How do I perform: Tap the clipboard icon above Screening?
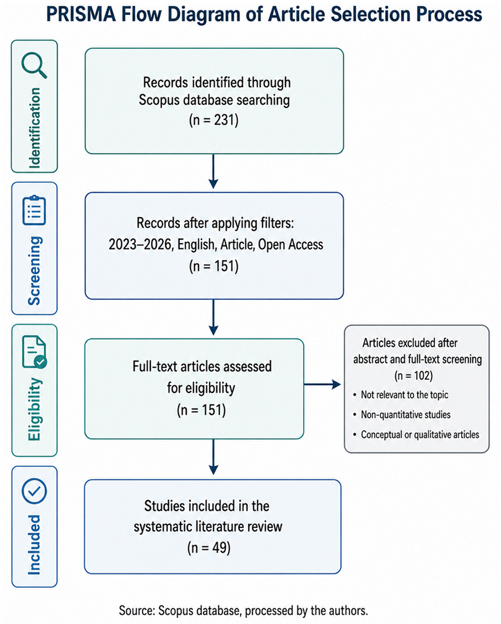click(34, 210)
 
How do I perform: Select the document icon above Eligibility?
click(34, 352)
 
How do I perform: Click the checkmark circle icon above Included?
click(34, 491)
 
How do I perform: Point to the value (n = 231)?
click(214, 120)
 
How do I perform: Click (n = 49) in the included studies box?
click(209, 548)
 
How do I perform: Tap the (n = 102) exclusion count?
click(414, 376)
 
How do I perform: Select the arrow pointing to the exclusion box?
click(322, 384)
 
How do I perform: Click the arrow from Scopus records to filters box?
click(213, 171)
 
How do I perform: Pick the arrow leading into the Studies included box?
click(213, 457)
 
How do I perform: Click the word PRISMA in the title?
click(81, 15)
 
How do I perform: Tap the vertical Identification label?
click(34, 128)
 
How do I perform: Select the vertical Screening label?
click(34, 270)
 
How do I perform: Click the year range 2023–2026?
click(140, 244)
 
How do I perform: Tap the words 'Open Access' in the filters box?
click(290, 244)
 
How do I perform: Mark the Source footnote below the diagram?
click(243, 611)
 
